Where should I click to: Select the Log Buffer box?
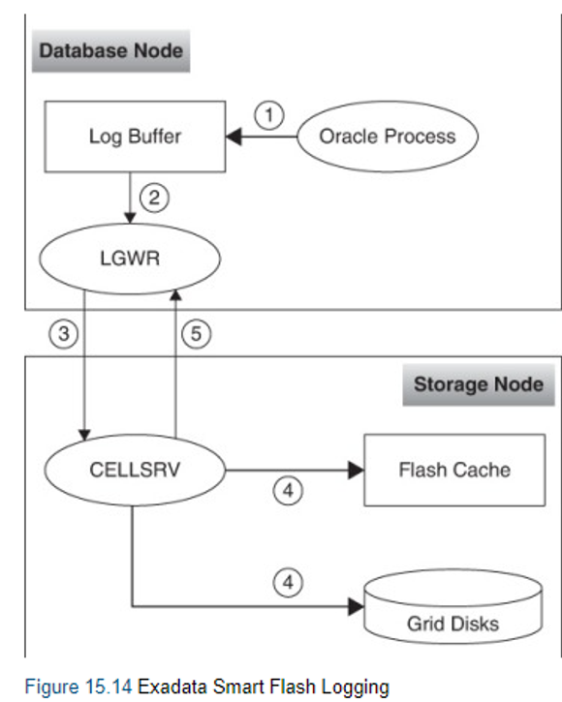click(134, 136)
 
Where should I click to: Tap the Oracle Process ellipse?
click(388, 136)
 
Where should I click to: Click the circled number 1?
click(271, 115)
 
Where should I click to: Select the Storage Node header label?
click(478, 383)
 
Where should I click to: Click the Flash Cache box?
click(453, 471)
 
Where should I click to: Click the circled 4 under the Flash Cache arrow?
click(288, 492)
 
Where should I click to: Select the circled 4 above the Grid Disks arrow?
click(288, 584)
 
